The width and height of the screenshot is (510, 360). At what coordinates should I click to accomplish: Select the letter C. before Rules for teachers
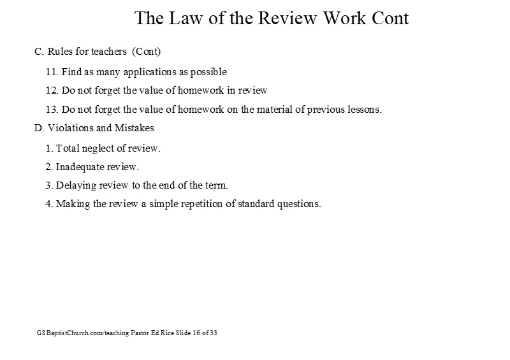tap(39, 52)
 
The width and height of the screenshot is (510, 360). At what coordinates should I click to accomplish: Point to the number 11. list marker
tap(52, 71)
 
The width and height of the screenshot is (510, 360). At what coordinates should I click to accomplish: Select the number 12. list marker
tap(52, 90)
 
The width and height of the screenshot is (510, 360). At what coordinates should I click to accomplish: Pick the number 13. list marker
tap(52, 109)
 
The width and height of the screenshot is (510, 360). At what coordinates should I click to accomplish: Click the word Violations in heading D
tap(69, 127)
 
